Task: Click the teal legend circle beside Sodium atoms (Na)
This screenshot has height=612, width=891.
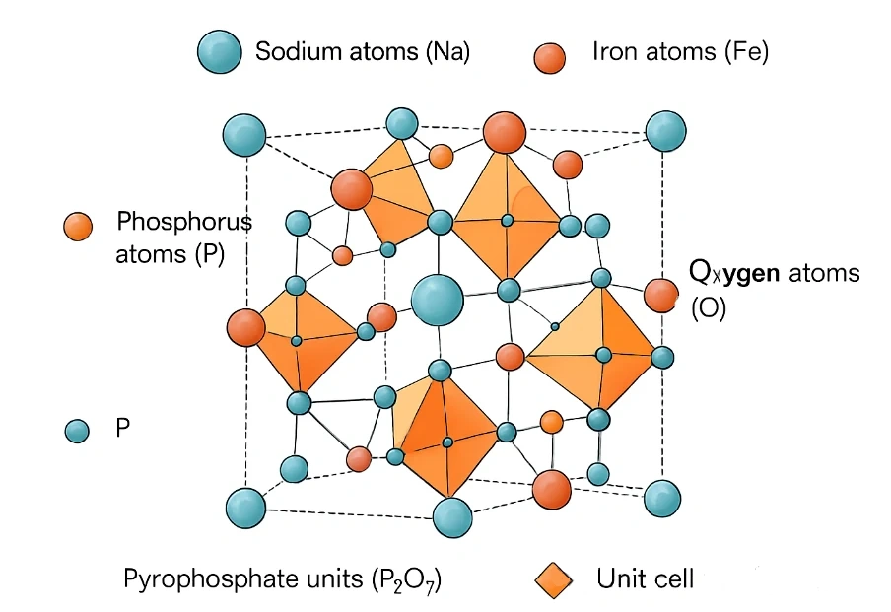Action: (219, 51)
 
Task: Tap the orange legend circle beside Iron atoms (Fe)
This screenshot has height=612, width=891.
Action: (550, 55)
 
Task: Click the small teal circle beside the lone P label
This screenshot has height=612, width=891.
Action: (76, 430)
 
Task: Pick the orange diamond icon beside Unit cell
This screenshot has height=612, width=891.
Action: (552, 578)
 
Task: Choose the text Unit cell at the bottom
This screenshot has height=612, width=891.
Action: (645, 578)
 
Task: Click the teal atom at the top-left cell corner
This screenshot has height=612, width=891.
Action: (244, 134)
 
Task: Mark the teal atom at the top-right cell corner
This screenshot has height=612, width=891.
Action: (665, 131)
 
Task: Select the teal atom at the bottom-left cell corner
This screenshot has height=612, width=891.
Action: (245, 508)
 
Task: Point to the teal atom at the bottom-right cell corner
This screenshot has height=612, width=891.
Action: (663, 499)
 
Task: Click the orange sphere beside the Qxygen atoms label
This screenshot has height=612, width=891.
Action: (661, 295)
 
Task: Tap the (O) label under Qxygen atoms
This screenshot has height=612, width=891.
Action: (708, 308)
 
